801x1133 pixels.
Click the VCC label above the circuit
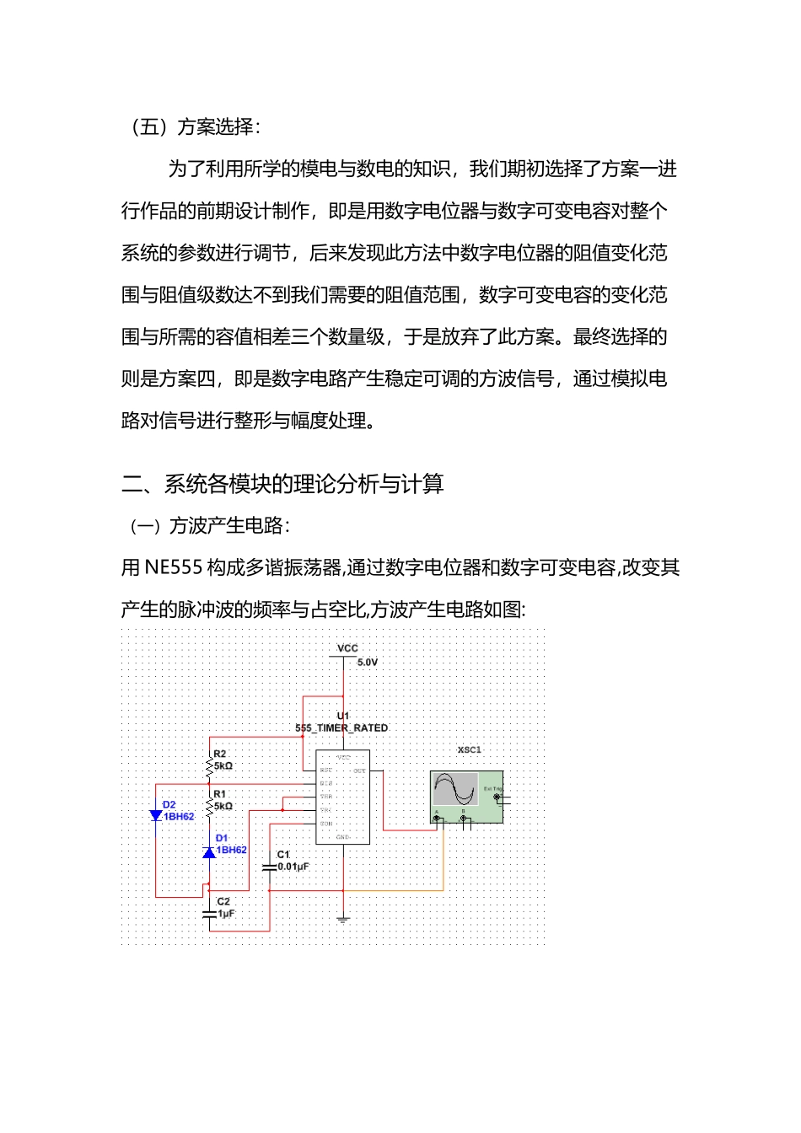click(347, 648)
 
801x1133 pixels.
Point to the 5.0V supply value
click(368, 663)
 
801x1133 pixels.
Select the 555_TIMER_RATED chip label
click(341, 728)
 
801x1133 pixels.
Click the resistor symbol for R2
click(209, 765)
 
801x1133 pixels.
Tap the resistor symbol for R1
click(209, 806)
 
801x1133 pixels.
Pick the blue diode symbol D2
click(156, 815)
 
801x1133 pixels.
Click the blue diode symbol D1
click(209, 852)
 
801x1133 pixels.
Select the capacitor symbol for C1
click(270, 867)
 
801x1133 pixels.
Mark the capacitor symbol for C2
click(209, 913)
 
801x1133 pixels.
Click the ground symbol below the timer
click(343, 919)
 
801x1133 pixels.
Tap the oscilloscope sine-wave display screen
click(455, 790)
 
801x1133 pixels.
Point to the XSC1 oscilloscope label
click(470, 749)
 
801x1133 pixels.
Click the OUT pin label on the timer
click(359, 771)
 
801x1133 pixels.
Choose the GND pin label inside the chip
click(342, 837)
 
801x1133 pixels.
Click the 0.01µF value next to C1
click(293, 867)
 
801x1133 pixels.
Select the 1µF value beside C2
click(226, 914)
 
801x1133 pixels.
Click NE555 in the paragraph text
click(174, 567)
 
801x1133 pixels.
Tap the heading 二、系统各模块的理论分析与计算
click(282, 484)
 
